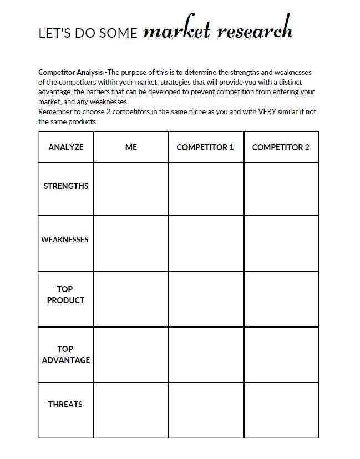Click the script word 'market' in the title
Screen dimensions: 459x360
176,30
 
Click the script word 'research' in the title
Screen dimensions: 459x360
254,30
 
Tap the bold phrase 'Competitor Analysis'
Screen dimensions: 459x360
70,72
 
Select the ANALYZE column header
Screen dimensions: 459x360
66,147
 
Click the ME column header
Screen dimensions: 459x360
131,147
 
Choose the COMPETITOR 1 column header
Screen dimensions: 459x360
205,147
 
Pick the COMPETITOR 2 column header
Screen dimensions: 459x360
281,147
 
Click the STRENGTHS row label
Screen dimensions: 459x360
66,186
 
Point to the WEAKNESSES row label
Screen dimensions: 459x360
65,240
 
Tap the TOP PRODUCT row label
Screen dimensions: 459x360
65,294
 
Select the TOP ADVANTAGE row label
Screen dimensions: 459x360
65,354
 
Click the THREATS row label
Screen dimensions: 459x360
65,405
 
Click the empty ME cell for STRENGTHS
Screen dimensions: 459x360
131,188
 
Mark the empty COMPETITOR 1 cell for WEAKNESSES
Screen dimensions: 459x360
206,243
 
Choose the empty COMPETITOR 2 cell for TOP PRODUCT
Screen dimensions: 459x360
281,299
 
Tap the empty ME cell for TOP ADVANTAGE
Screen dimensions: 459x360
131,355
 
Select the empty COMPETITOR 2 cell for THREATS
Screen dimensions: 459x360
281,410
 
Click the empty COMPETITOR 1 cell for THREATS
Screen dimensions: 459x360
206,410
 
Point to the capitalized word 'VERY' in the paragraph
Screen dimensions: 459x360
267,111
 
